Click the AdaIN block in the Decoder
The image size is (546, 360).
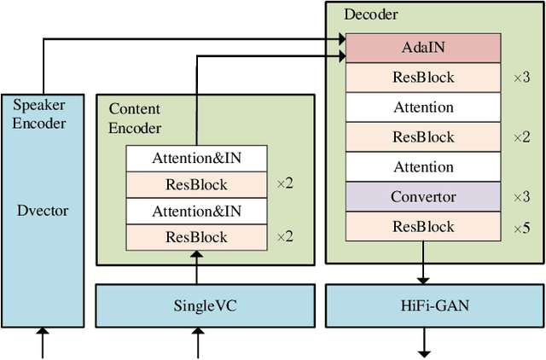[x=422, y=48]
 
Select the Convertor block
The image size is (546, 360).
[x=422, y=197]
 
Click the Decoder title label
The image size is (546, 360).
[x=370, y=14]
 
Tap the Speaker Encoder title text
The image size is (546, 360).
[x=39, y=113]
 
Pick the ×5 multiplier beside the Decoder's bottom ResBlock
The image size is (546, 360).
[x=521, y=227]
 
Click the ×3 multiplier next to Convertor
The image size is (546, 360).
[x=521, y=197]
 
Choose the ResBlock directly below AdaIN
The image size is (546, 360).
[x=422, y=78]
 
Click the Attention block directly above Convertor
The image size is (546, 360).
[x=422, y=167]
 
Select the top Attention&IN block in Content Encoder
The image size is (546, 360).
[x=196, y=158]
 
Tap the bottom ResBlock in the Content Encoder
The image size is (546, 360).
[x=196, y=237]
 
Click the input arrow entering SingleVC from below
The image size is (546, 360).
[x=197, y=343]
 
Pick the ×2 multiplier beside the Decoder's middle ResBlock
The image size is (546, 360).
[x=521, y=137]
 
